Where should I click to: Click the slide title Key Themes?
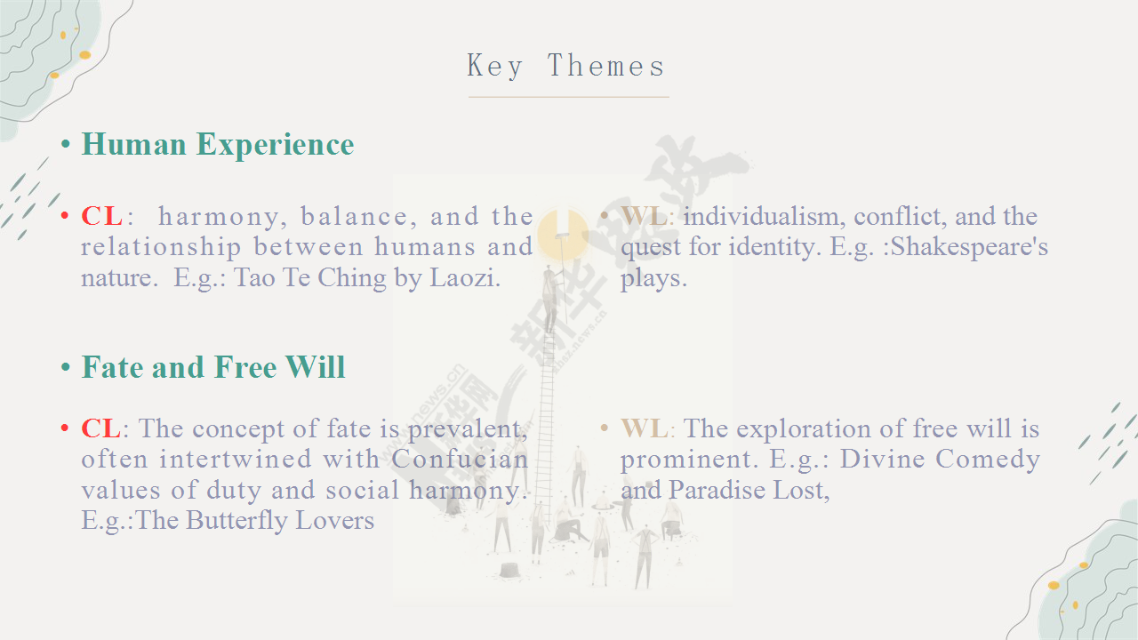(566, 66)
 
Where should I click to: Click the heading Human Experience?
(218, 145)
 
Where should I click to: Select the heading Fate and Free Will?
(213, 367)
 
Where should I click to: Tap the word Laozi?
(465, 278)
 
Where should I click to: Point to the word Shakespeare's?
(969, 247)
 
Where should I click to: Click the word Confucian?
(460, 460)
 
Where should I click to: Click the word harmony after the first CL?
(220, 217)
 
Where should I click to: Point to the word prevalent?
(468, 429)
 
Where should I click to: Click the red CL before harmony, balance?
(101, 216)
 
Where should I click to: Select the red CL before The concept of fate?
(100, 428)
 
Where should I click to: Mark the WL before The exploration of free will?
(645, 428)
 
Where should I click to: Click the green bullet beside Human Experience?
(66, 145)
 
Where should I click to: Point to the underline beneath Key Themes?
(568, 97)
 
